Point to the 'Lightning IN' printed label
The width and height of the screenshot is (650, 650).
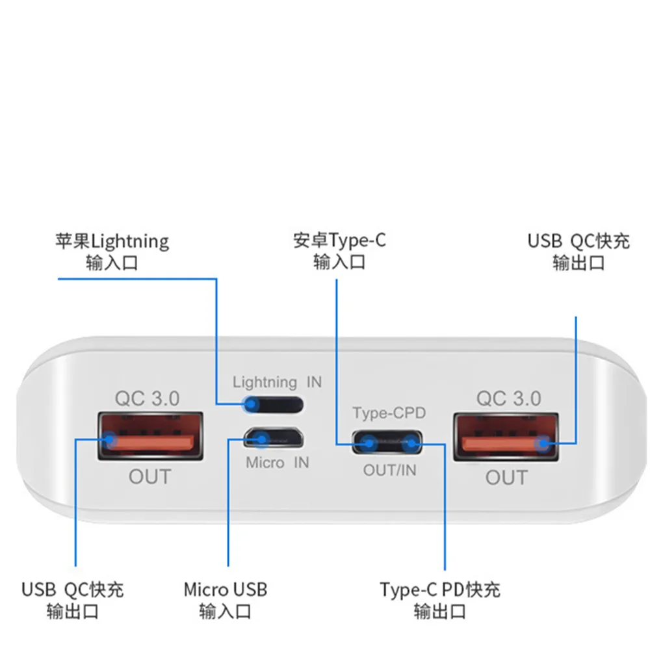(x=277, y=382)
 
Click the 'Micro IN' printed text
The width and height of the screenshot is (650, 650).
(x=277, y=463)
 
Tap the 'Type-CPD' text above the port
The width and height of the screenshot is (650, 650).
(x=389, y=413)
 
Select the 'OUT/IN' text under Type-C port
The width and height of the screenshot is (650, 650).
(x=389, y=470)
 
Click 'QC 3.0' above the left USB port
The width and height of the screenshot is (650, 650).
(x=147, y=398)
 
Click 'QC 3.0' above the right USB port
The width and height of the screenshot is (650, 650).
(x=508, y=398)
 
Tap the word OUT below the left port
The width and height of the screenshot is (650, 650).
(x=149, y=476)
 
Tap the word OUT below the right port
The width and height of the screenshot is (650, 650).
(x=506, y=478)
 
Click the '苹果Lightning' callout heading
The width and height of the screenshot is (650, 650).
(x=112, y=242)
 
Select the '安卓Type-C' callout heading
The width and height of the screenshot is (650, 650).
(x=339, y=240)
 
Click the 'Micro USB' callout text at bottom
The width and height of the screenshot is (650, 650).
(x=225, y=590)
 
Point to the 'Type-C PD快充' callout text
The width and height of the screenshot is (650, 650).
(x=440, y=590)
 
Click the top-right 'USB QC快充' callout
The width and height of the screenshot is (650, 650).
(x=578, y=241)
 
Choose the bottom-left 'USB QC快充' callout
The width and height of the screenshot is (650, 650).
(x=72, y=590)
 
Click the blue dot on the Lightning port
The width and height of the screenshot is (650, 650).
(x=250, y=405)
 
